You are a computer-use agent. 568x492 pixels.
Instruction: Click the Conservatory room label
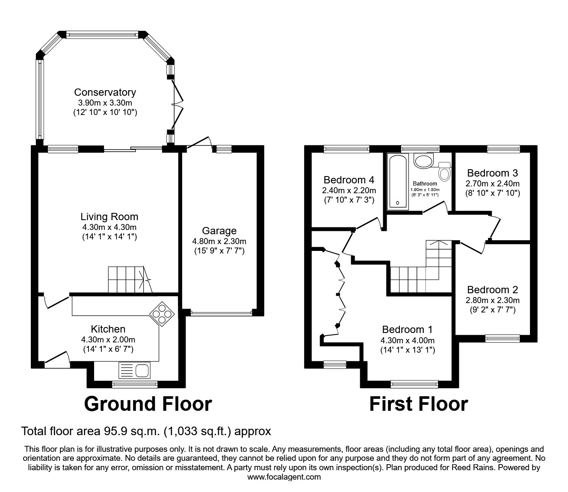[x=105, y=92]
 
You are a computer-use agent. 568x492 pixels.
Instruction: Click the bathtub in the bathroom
[x=398, y=182]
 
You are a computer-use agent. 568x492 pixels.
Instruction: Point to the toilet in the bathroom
[x=445, y=172]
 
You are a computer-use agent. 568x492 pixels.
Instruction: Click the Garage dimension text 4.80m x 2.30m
[x=219, y=241]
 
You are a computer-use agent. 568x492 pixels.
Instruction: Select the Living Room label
[x=109, y=217]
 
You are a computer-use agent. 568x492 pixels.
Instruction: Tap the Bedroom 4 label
[x=349, y=180]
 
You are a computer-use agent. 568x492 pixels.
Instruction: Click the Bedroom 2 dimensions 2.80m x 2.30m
[x=492, y=300]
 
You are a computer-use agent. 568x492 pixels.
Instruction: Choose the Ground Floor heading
[x=148, y=404]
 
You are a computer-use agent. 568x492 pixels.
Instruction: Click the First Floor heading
[x=418, y=404]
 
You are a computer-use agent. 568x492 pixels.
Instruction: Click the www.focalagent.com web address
[x=284, y=477]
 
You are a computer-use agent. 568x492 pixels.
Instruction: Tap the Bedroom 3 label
[x=492, y=173]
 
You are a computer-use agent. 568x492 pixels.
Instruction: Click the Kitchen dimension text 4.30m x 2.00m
[x=108, y=340]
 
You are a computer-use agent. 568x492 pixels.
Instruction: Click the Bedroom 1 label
[x=407, y=330]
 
